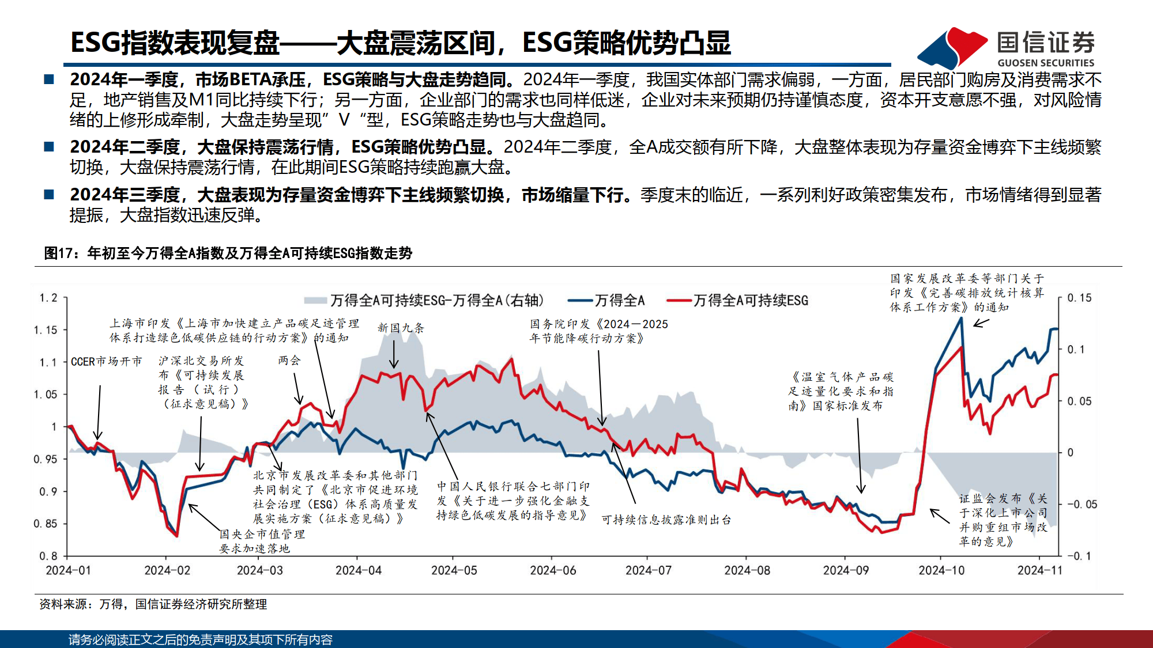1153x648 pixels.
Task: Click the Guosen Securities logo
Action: pyautogui.click(x=1006, y=47)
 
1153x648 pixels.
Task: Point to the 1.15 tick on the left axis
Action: pyautogui.click(x=46, y=330)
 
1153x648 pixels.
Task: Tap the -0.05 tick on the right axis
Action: pyautogui.click(x=1082, y=505)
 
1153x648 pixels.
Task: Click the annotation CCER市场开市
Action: pyautogui.click(x=106, y=362)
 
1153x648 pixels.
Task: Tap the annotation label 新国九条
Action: pyautogui.click(x=401, y=328)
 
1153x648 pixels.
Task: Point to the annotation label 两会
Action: pyautogui.click(x=289, y=361)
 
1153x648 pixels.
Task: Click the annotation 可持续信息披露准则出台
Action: pyautogui.click(x=666, y=520)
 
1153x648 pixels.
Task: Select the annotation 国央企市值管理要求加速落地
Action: pyautogui.click(x=262, y=541)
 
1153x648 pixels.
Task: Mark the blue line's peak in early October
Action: pyautogui.click(x=961, y=318)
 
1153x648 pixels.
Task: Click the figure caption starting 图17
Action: pyautogui.click(x=228, y=253)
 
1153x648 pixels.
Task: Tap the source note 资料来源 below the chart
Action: pyautogui.click(x=153, y=604)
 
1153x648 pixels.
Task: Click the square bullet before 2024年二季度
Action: pyautogui.click(x=49, y=147)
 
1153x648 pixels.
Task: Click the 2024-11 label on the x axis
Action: pyautogui.click(x=1039, y=570)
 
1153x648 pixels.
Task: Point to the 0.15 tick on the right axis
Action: pyautogui.click(x=1079, y=298)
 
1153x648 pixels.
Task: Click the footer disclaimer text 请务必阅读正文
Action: pyautogui.click(x=200, y=639)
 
